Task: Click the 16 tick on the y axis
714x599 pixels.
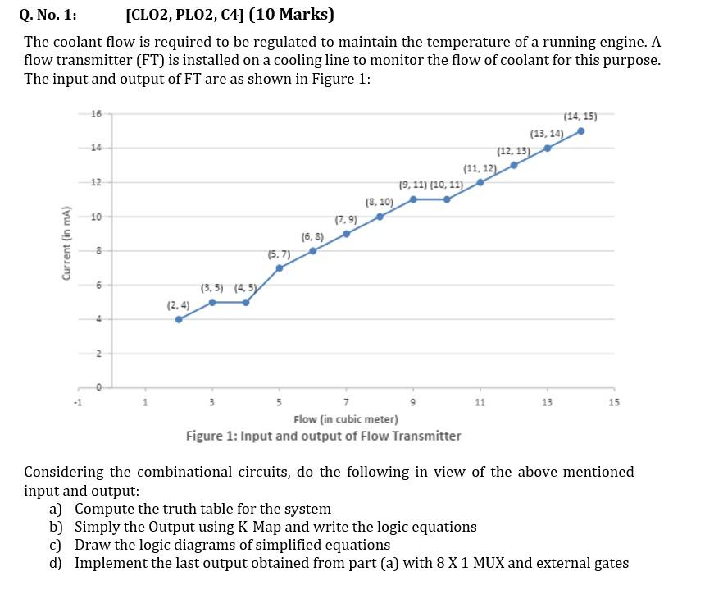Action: [x=96, y=113]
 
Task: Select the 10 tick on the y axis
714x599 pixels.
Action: [x=96, y=217]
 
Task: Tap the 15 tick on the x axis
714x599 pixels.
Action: [x=615, y=402]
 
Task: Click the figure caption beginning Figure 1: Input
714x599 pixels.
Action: [x=323, y=436]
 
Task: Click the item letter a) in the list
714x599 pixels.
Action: [x=57, y=509]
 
